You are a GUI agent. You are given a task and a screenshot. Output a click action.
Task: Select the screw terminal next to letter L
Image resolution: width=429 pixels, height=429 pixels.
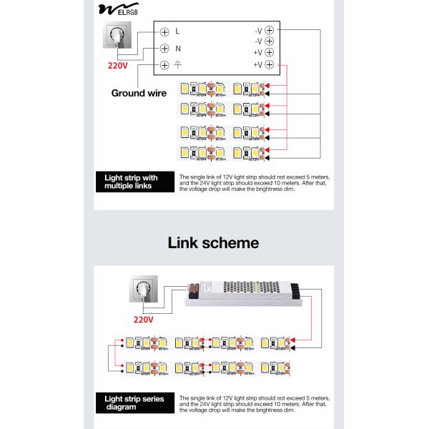[x=164, y=31]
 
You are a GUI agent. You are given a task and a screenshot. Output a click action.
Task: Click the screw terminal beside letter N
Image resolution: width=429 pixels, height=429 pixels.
[x=164, y=49]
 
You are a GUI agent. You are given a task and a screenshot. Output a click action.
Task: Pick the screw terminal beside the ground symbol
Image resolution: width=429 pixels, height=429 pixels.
[x=164, y=65]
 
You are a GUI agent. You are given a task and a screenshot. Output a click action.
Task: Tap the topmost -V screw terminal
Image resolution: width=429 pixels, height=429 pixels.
[x=270, y=31]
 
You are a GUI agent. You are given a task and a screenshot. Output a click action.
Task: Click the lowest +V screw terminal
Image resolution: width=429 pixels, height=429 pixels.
[x=270, y=65]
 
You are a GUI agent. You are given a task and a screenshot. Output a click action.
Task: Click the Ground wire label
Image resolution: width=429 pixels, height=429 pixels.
[x=139, y=93]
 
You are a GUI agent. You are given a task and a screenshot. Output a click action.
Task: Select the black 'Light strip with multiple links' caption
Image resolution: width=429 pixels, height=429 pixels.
[x=134, y=182]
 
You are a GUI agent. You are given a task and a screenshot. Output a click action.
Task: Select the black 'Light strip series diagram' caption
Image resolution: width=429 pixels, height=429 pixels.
[x=134, y=403]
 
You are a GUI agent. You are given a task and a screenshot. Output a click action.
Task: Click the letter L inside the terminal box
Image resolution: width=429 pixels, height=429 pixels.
[x=178, y=31]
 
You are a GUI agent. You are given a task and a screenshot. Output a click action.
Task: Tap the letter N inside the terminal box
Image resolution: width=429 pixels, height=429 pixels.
[x=178, y=49]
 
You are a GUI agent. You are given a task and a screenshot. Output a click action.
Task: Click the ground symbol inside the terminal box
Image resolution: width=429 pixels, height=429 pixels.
[x=178, y=65]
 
